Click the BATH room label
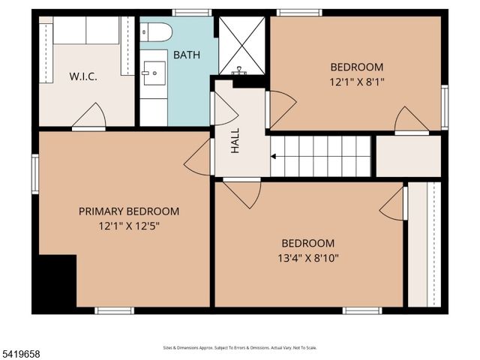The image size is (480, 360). pyautogui.click(x=187, y=55)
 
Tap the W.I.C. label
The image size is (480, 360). pyautogui.click(x=84, y=76)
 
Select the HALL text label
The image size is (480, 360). pyautogui.click(x=235, y=140)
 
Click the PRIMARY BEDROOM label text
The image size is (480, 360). pyautogui.click(x=129, y=211)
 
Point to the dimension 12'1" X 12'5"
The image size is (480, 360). pyautogui.click(x=129, y=226)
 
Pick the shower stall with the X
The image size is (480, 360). pyautogui.click(x=241, y=45)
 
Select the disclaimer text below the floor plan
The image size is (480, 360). pyautogui.click(x=240, y=348)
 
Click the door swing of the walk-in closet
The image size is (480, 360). pyautogui.click(x=91, y=117)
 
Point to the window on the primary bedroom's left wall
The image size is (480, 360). pyautogui.click(x=34, y=174)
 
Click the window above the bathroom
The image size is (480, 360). pyautogui.click(x=191, y=13)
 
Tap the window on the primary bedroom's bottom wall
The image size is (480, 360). pyautogui.click(x=114, y=310)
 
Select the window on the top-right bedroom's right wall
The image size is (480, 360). pyautogui.click(x=444, y=107)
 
